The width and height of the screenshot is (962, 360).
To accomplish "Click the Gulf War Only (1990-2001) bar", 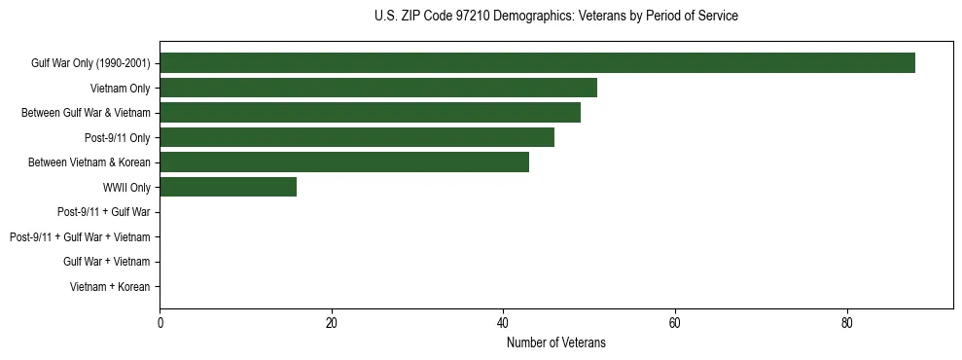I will [x=537, y=63].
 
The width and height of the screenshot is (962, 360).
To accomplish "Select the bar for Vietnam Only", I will [x=378, y=88].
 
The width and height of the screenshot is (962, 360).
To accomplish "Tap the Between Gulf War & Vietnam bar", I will [x=370, y=113].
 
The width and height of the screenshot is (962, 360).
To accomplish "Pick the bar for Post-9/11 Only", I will [x=357, y=137].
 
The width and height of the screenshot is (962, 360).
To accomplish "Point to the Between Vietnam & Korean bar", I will [x=344, y=162].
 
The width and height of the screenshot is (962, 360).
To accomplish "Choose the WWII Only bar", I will [x=229, y=187].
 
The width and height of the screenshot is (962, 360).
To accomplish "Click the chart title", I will [x=555, y=17].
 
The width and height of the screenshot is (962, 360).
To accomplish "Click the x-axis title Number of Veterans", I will [x=555, y=342].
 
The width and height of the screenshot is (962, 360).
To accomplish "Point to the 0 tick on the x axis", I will [x=160, y=323].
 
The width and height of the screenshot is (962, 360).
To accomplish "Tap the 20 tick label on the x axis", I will [x=332, y=323].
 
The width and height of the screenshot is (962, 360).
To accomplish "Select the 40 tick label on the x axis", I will [x=503, y=323].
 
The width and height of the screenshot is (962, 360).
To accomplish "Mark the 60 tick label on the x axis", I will [x=675, y=323].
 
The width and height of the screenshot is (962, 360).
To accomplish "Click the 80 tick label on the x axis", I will [x=846, y=323].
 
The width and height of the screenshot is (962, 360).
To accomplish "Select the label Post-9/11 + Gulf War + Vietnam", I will [x=80, y=236].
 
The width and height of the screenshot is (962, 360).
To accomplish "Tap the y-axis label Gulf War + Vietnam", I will [x=107, y=262].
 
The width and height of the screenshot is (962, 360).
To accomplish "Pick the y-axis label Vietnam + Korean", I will [x=110, y=287].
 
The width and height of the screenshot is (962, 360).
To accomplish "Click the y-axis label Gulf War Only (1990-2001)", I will [x=90, y=63].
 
